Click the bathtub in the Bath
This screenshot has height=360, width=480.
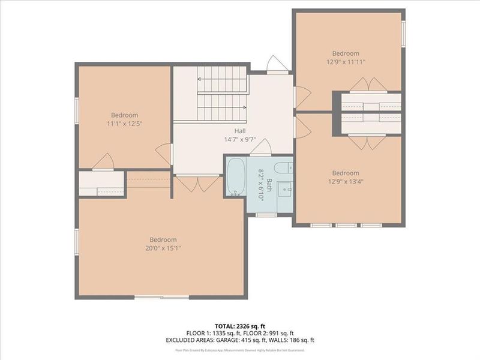click(236, 176)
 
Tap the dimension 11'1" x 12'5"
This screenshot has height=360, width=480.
click(124, 124)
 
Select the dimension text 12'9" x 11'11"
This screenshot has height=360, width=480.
click(346, 62)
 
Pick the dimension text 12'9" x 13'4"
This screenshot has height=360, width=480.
click(346, 182)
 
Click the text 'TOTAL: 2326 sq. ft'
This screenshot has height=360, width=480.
click(240, 325)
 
